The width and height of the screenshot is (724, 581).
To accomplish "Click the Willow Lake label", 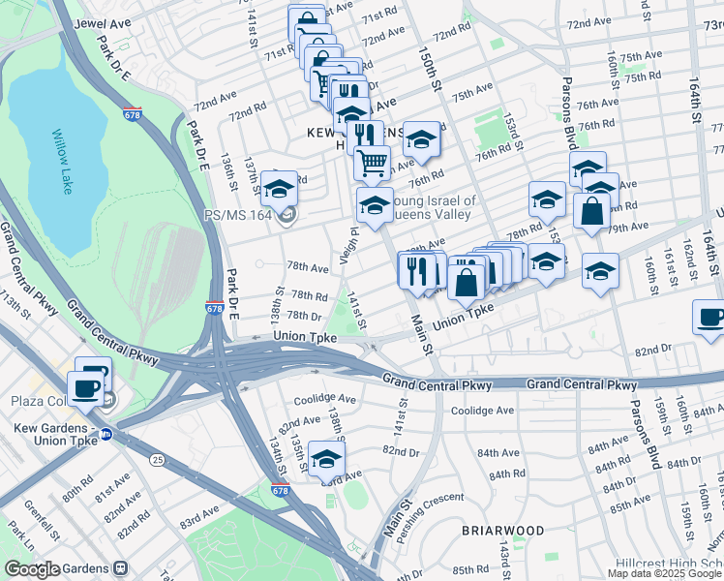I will [x=62, y=162].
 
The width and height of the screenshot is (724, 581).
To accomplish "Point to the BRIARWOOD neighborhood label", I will [x=502, y=531].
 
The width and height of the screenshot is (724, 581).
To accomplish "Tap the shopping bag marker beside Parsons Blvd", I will [x=589, y=210].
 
